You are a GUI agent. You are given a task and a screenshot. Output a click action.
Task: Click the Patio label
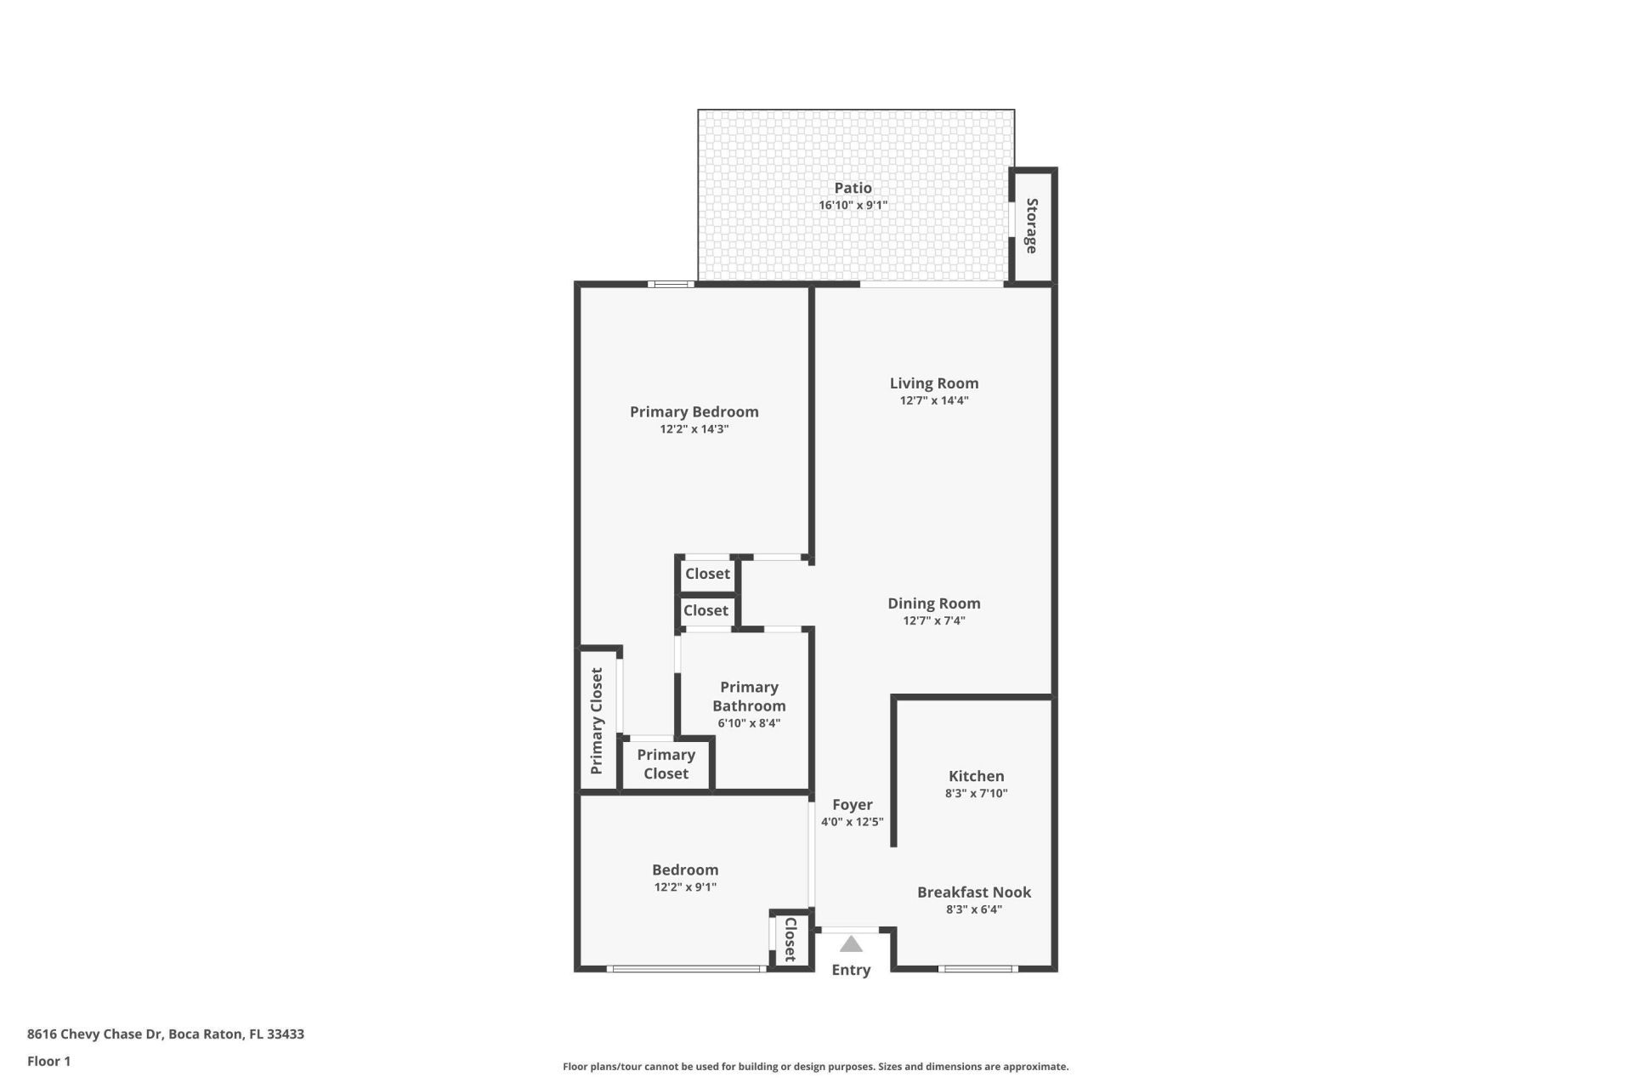point(853,188)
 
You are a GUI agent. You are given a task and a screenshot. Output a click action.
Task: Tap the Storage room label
point(1032,226)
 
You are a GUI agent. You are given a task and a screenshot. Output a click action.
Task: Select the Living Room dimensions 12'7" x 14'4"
point(934,400)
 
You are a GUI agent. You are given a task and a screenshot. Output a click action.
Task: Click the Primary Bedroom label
point(694,411)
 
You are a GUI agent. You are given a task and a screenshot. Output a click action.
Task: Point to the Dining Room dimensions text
point(934,620)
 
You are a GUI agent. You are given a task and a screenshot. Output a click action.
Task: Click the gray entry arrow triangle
point(851,945)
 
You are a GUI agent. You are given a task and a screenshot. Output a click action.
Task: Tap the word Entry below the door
point(851,970)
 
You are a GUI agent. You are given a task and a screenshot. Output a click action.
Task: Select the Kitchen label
point(976,775)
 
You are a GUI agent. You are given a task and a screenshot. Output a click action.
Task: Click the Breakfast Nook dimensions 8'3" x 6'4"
point(974,909)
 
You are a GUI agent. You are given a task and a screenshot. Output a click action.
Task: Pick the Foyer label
point(852,804)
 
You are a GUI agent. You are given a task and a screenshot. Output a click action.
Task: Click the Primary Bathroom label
point(749,696)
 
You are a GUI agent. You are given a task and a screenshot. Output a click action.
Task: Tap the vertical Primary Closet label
point(597,721)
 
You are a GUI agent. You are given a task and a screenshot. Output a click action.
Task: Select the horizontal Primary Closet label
point(666,763)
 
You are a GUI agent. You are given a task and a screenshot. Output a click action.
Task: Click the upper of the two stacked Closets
point(707,574)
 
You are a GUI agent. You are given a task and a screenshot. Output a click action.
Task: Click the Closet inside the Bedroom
point(790,939)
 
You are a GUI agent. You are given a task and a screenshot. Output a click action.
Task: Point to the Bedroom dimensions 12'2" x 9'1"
point(685,887)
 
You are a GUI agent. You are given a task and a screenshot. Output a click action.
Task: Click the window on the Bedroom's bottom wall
point(687,968)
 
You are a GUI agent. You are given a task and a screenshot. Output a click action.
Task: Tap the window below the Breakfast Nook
point(977,968)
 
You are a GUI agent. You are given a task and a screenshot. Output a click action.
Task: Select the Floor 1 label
point(48,1061)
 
